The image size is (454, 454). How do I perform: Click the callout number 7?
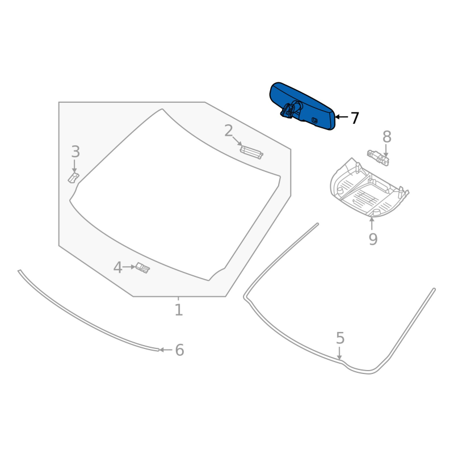[355, 118]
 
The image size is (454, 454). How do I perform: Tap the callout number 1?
[178, 310]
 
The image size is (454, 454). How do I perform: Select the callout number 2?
[228, 132]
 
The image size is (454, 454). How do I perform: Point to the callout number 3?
[75, 152]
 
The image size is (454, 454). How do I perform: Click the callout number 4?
[117, 267]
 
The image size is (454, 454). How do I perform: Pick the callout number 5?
[340, 338]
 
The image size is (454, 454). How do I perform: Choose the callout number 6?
[179, 350]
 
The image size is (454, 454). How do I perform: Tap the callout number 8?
[386, 137]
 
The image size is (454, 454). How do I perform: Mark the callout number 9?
[372, 239]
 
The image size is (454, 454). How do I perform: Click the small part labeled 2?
[251, 152]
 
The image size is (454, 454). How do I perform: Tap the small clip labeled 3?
[73, 178]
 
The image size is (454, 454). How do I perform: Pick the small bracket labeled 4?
[142, 267]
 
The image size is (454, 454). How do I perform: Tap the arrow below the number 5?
[339, 354]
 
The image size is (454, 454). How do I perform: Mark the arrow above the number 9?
[372, 222]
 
